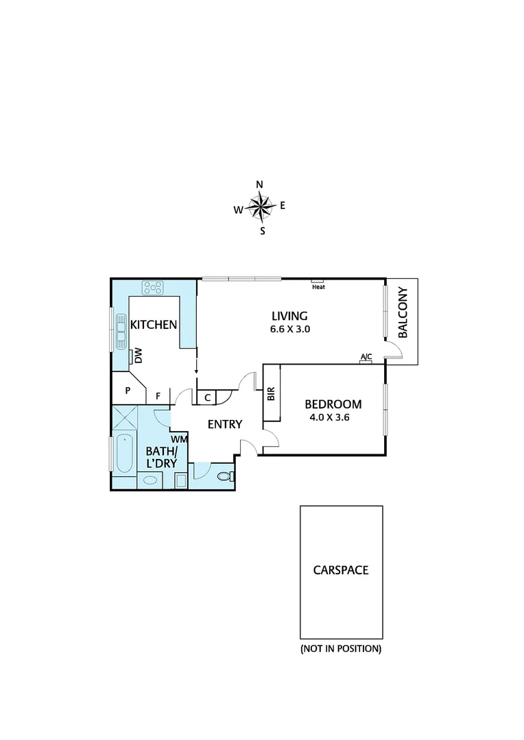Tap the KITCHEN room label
click(x=154, y=325)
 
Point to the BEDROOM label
click(x=333, y=404)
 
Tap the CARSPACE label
click(x=341, y=570)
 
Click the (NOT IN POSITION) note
click(x=341, y=648)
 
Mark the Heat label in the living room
click(x=318, y=287)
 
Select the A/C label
click(x=366, y=356)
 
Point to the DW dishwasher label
click(x=138, y=356)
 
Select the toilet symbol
click(x=224, y=476)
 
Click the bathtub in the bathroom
click(x=123, y=453)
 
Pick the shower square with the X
click(x=124, y=417)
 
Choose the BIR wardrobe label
click(x=271, y=394)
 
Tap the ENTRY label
click(x=225, y=425)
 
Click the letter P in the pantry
click(x=128, y=391)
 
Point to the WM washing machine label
click(x=179, y=439)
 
